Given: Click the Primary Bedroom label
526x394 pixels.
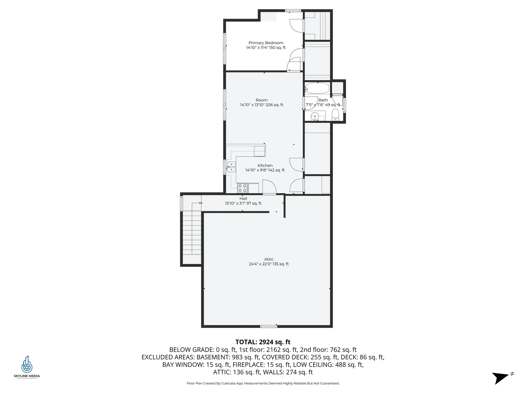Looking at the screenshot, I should click(x=266, y=43).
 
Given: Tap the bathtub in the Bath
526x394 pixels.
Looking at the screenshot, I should click(x=317, y=89).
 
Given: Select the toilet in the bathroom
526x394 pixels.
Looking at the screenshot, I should click(x=335, y=115).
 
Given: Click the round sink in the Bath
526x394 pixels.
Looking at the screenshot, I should click(x=315, y=116).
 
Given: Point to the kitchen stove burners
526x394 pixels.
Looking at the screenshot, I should click(x=242, y=188).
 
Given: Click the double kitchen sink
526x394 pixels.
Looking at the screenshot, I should click(x=231, y=167).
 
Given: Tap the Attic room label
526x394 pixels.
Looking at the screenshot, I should click(x=268, y=259).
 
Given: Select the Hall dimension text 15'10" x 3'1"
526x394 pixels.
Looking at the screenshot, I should click(x=243, y=203).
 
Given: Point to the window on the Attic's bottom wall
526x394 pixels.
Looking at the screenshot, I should click(x=268, y=326).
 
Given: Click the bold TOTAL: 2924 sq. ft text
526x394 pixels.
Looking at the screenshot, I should click(x=263, y=342).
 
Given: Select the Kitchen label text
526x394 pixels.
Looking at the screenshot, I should click(x=265, y=165).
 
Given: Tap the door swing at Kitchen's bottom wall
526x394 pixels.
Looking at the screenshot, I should click(x=269, y=187).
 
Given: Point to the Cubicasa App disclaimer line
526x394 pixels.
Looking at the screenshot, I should click(x=263, y=383).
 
